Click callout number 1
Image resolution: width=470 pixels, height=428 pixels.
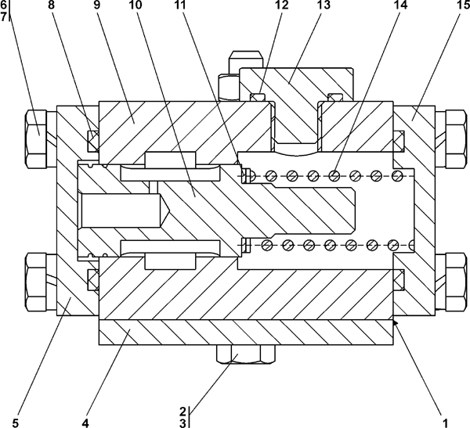(446, 423)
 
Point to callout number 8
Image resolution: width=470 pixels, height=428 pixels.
(52, 5)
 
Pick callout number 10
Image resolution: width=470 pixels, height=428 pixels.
(136, 5)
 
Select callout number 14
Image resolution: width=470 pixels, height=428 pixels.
(401, 5)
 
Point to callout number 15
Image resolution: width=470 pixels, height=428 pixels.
(457, 5)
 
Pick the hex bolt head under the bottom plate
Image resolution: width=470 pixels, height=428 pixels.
(245, 354)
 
